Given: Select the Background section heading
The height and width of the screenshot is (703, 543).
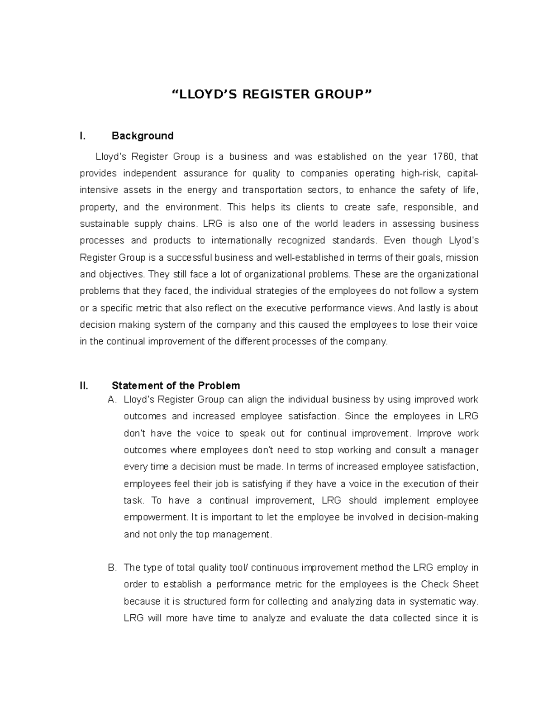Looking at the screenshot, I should pyautogui.click(x=143, y=136).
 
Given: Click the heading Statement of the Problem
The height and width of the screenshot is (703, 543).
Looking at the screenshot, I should pyautogui.click(x=176, y=386).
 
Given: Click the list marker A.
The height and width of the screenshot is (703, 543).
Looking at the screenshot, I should pyautogui.click(x=112, y=400).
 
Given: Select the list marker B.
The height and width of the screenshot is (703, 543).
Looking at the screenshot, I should pyautogui.click(x=112, y=568).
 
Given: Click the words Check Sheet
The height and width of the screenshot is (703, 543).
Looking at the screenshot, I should pyautogui.click(x=449, y=584).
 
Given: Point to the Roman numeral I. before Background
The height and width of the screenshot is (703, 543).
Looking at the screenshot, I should pyautogui.click(x=82, y=136).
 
